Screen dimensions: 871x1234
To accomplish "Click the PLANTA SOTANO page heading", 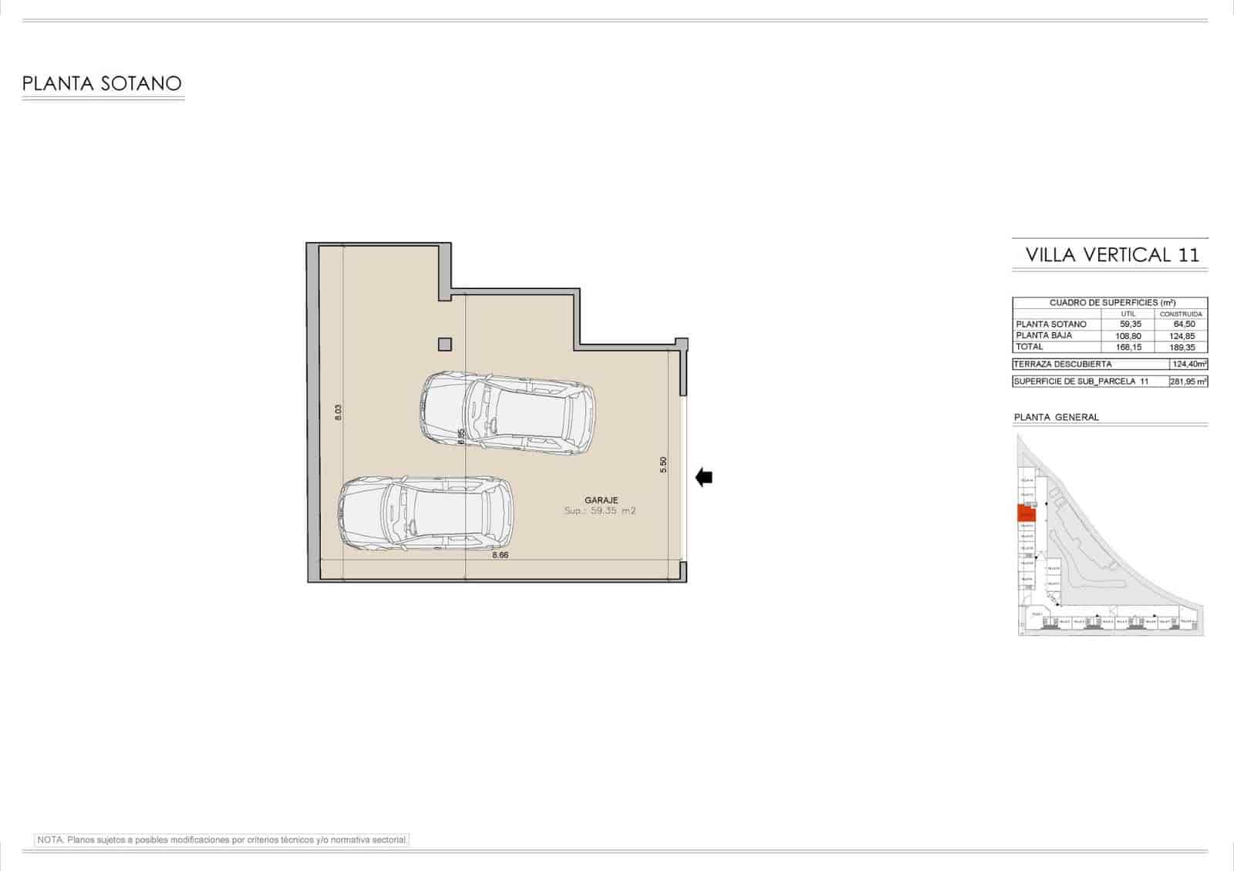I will pyautogui.click(x=102, y=83).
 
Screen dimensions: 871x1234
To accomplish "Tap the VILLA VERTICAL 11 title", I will pyautogui.click(x=1112, y=255).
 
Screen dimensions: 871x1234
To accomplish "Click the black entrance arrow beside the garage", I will pyautogui.click(x=703, y=478).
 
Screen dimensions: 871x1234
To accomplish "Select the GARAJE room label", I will pyautogui.click(x=601, y=500).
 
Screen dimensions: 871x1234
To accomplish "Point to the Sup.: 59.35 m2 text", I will pyautogui.click(x=600, y=511).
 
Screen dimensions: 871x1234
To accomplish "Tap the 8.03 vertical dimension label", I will pyautogui.click(x=338, y=412).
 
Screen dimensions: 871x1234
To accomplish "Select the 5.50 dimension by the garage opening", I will pyautogui.click(x=663, y=465).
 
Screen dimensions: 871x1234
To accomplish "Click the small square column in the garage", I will pyautogui.click(x=444, y=345).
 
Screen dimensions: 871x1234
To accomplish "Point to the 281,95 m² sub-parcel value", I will pyautogui.click(x=1188, y=382).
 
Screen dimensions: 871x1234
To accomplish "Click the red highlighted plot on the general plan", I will pyautogui.click(x=1026, y=513).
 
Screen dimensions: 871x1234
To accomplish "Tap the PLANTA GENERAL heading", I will pyautogui.click(x=1056, y=417).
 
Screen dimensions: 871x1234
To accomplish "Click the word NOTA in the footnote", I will pyautogui.click(x=49, y=839).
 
